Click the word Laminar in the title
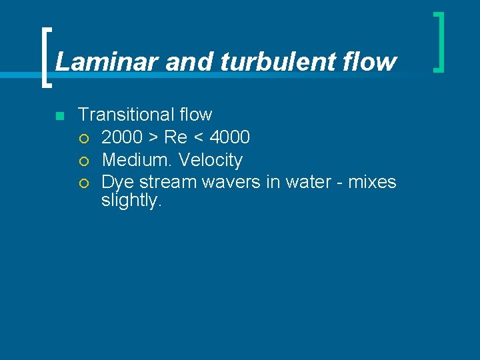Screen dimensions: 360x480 pos(107,62)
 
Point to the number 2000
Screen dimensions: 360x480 pos(122,137)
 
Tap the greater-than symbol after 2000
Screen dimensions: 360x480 pos(153,138)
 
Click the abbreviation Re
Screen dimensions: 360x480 pos(175,137)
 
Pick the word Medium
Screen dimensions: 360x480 pos(138,160)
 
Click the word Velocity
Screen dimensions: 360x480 pos(211,160)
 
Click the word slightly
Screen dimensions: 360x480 pos(131,201)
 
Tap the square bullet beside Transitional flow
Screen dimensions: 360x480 pos(59,116)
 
